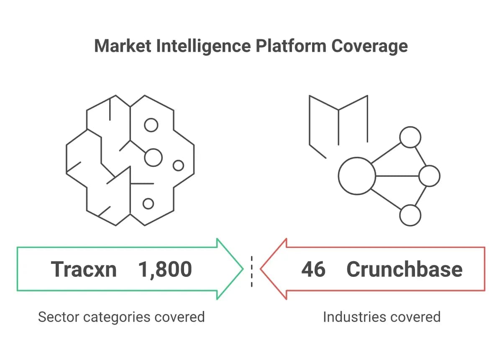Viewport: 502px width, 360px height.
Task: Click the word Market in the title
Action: (123, 46)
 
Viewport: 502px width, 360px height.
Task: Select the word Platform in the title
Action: (291, 46)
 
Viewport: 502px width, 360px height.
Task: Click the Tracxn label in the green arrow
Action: (84, 269)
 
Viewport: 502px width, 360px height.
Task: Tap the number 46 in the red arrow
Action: (313, 269)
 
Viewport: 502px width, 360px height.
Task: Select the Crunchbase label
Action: (405, 269)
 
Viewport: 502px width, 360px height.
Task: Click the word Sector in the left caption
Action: (59, 317)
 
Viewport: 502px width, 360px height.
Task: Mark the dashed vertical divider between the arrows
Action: (252, 272)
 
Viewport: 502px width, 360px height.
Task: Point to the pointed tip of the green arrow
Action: (243, 269)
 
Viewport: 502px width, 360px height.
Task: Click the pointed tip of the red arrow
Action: (260, 269)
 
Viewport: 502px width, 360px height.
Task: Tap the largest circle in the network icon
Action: (357, 176)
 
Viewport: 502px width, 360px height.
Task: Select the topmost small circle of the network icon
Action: (410, 137)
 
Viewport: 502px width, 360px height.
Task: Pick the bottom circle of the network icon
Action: (410, 215)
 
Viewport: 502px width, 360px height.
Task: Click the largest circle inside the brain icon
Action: (154, 158)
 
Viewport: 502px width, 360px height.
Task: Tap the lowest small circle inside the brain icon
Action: (148, 204)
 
